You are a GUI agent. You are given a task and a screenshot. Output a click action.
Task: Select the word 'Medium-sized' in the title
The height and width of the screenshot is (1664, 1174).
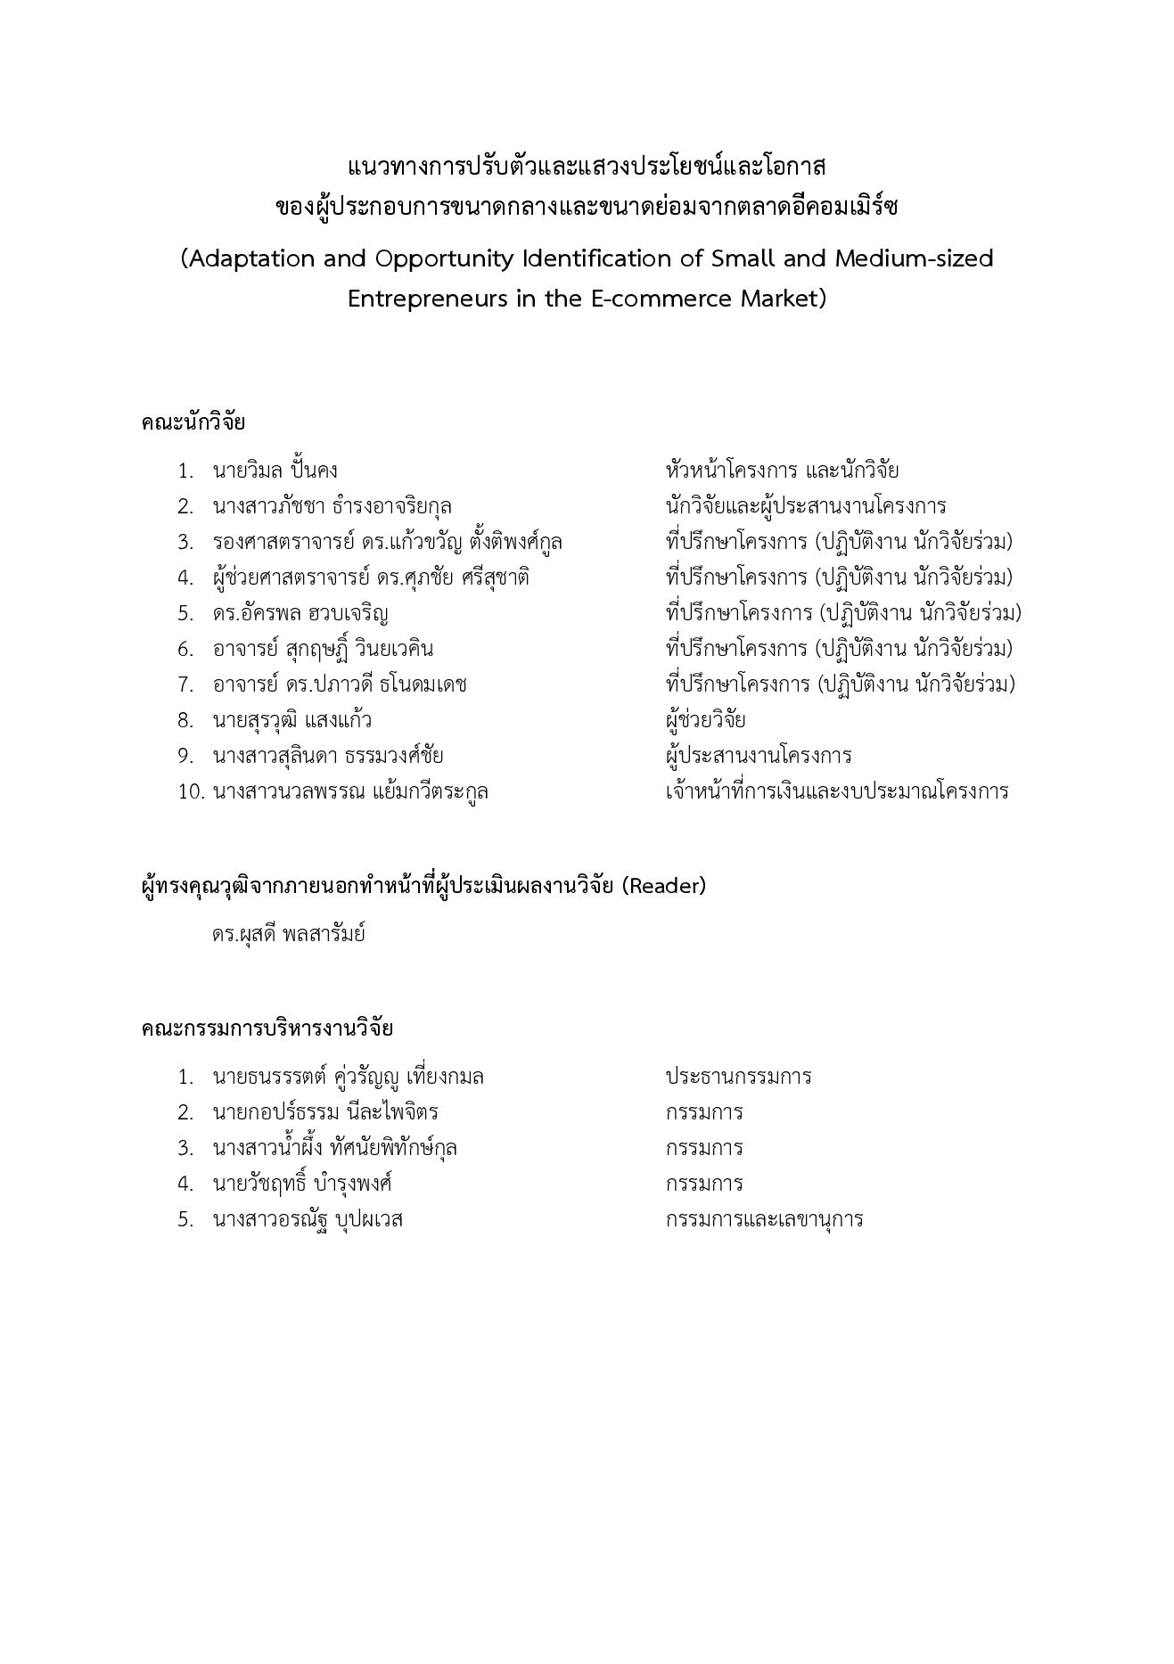click(914, 259)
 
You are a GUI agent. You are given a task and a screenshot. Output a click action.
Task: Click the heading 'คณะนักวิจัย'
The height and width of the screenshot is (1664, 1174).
click(193, 422)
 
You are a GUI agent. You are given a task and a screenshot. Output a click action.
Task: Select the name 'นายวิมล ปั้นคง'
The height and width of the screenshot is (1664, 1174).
click(275, 471)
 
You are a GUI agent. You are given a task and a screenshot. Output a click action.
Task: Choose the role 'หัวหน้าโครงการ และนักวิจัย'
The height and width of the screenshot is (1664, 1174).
click(782, 471)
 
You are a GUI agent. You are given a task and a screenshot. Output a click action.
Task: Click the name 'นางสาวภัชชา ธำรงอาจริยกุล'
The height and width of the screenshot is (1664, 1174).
click(332, 506)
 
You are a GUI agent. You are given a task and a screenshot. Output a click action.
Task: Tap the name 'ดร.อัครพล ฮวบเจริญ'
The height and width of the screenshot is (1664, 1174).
click(300, 613)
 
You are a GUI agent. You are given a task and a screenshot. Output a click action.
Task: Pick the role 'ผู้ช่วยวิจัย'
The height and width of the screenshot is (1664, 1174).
click(705, 720)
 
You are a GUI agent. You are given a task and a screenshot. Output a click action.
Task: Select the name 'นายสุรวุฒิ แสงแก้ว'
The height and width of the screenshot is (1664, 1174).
click(291, 720)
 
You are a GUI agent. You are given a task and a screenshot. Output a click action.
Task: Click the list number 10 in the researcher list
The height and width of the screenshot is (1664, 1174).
click(192, 791)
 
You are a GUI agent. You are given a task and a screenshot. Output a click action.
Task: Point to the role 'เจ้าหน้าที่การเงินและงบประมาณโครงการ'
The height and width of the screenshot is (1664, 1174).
click(836, 791)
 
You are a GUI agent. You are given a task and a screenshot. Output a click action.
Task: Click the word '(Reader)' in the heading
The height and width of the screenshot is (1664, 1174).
click(663, 886)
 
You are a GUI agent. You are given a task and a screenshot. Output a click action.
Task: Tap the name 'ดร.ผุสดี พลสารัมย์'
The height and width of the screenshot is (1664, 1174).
click(288, 934)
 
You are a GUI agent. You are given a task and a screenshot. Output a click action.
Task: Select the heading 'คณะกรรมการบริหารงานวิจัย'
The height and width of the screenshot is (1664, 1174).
click(267, 1029)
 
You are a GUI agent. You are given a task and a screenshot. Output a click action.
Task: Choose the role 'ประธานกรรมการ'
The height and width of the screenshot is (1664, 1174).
click(738, 1077)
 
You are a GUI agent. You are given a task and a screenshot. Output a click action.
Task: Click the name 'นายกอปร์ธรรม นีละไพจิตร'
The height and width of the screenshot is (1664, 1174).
click(325, 1112)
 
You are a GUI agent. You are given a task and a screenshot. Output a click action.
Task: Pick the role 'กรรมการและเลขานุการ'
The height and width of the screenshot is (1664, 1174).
click(764, 1219)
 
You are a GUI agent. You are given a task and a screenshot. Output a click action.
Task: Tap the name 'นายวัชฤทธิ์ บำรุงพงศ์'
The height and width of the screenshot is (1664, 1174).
click(302, 1184)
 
